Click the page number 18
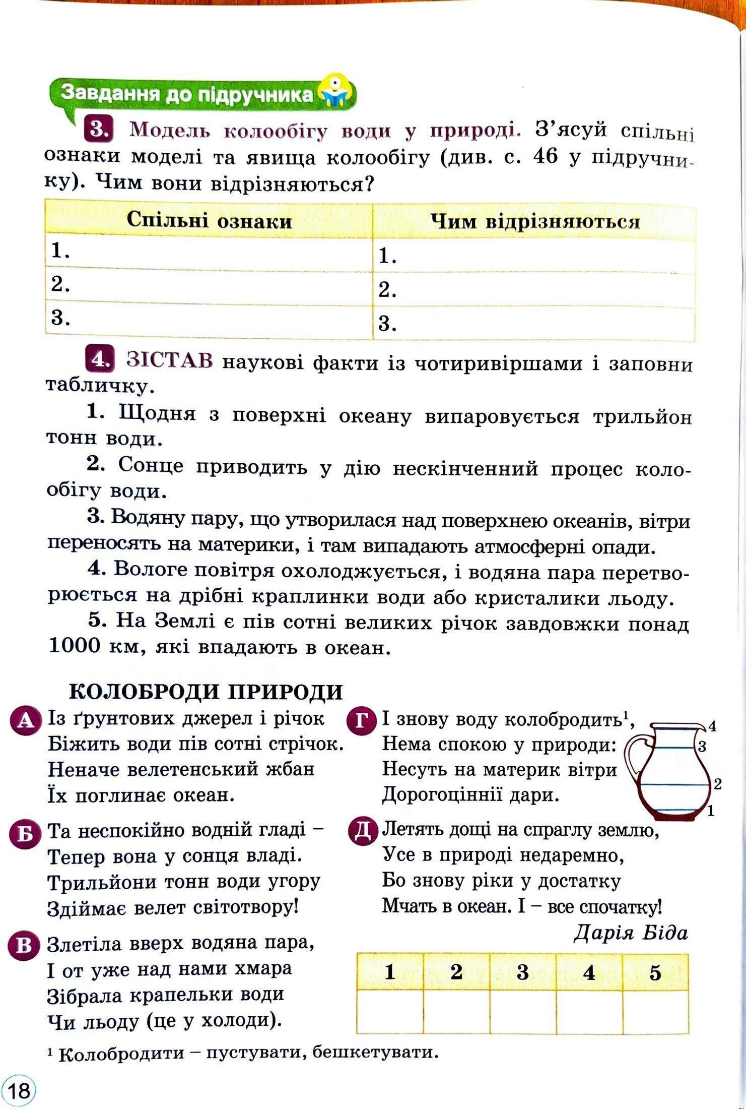click(x=19, y=1090)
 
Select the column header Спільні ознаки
click(x=209, y=221)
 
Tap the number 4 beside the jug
click(x=712, y=726)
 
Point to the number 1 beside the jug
click(x=711, y=811)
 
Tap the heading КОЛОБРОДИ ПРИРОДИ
click(x=206, y=692)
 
